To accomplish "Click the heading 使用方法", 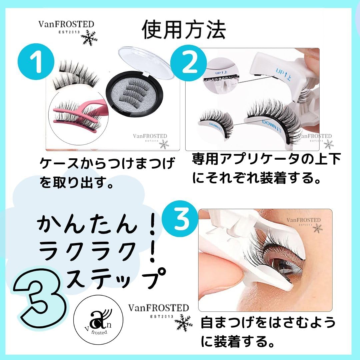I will pyautogui.click(x=184, y=30).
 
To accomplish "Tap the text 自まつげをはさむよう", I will pyautogui.click(x=268, y=322).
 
